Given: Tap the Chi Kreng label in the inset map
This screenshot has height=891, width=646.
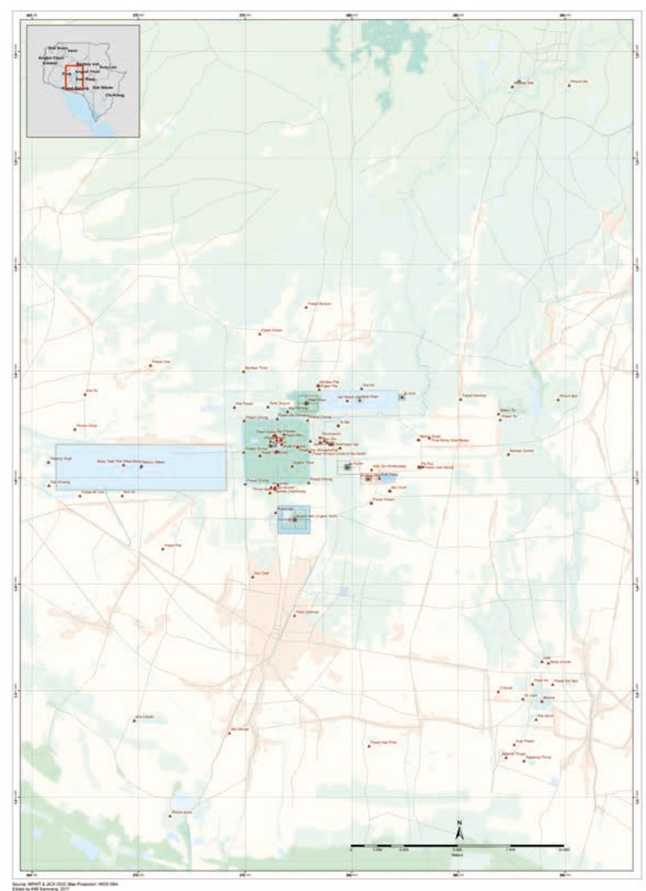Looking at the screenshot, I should coord(114,95).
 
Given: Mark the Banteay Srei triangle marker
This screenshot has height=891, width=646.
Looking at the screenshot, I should coord(512,86).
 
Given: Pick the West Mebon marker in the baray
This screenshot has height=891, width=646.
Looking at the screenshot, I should coord(141,466).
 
